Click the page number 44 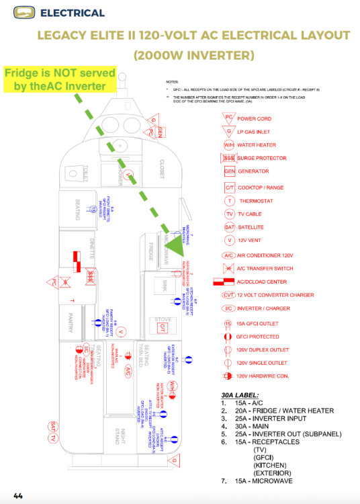[x=18, y=496]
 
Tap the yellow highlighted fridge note [x=59, y=79]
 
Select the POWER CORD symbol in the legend [x=229, y=118]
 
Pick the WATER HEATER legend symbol [x=229, y=144]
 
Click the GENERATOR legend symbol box [x=228, y=171]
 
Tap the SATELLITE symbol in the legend [x=229, y=227]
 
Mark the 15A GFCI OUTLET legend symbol [x=228, y=323]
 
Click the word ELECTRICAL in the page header [x=73, y=13]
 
